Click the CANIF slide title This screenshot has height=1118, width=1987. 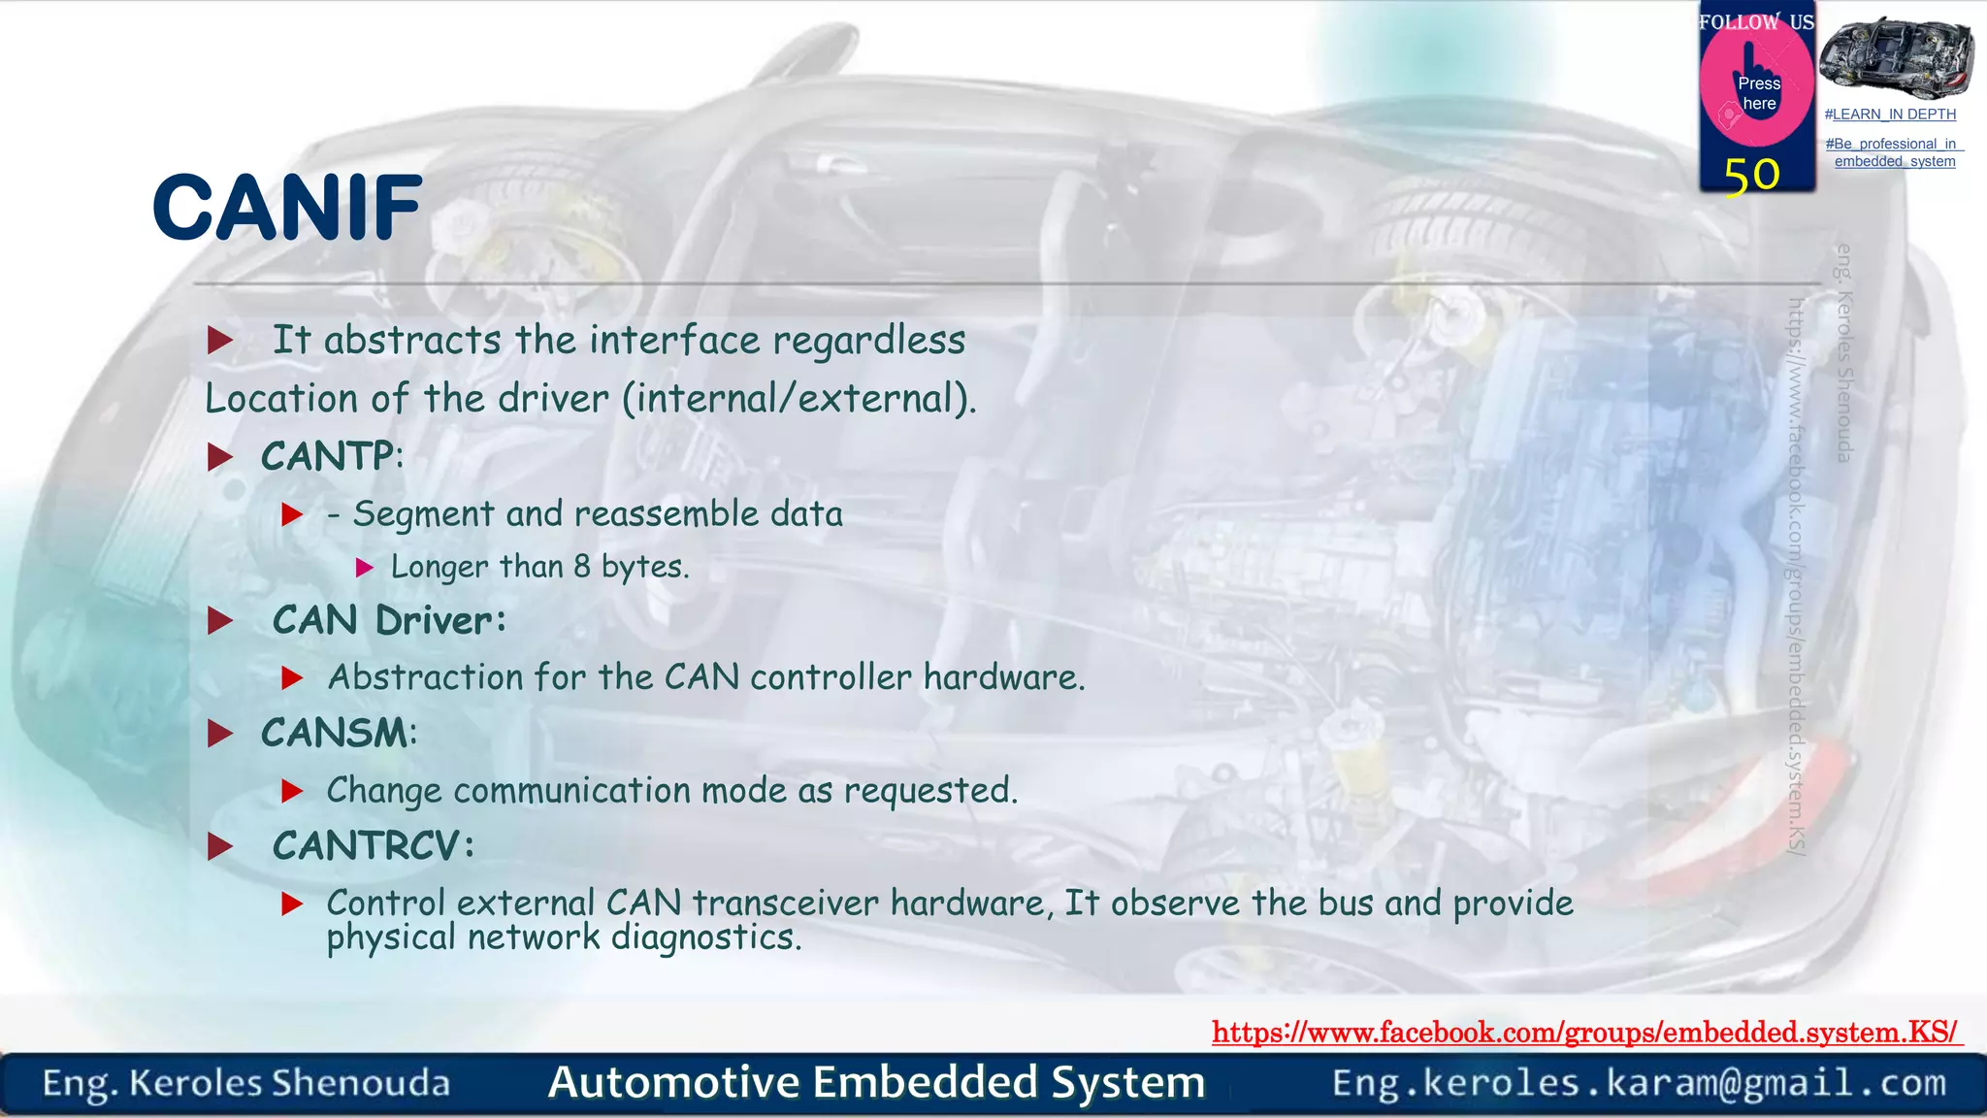coord(287,208)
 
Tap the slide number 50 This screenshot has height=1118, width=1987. coord(1751,176)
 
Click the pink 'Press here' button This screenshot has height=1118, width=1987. coord(1757,92)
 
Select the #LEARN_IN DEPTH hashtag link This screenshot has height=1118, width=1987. coord(1890,115)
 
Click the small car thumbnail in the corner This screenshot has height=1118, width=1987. coord(1896,58)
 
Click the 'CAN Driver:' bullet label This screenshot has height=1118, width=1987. coord(389,621)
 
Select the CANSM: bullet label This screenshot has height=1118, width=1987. coord(339,733)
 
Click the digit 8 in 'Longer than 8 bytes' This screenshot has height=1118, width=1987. coord(582,567)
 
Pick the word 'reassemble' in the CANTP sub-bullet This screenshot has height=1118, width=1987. coord(667,514)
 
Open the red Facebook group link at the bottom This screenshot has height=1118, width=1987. coord(1586,1032)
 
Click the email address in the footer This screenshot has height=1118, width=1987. coord(1639,1083)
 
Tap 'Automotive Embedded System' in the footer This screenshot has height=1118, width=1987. coord(876,1082)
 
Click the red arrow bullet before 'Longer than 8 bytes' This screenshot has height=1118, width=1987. coord(365,568)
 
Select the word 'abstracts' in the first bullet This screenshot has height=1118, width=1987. coord(412,341)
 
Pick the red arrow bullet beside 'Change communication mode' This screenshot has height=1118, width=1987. coord(292,792)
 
